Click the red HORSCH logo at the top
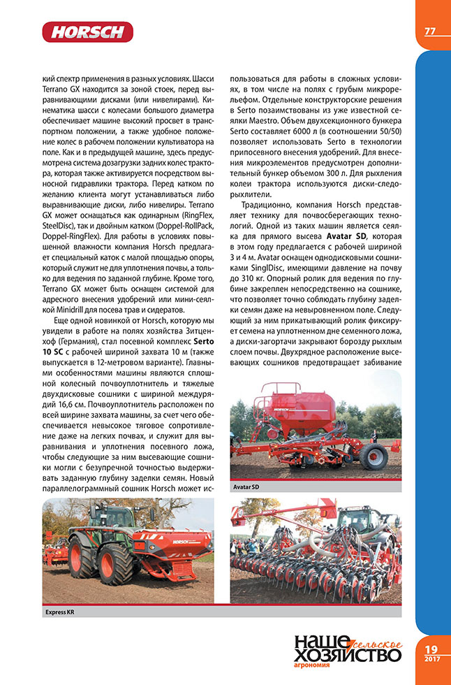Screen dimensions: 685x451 (x=87, y=31)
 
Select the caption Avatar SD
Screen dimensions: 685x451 (x=246, y=486)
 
